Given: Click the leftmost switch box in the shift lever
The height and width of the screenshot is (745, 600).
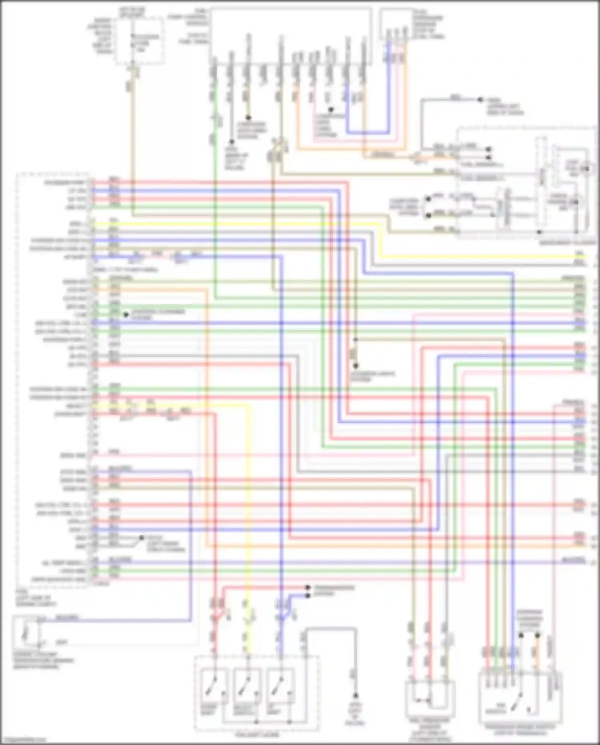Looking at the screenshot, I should click(x=215, y=687).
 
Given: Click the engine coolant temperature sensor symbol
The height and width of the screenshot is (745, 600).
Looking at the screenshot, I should click(x=26, y=633).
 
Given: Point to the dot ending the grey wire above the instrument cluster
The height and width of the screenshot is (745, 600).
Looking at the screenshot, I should click(x=480, y=99).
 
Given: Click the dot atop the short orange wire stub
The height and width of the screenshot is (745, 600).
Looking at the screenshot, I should click(x=248, y=118).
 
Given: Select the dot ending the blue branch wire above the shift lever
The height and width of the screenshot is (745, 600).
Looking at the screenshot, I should click(x=308, y=596).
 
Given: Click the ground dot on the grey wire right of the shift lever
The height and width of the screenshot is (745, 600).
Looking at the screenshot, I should click(x=355, y=696).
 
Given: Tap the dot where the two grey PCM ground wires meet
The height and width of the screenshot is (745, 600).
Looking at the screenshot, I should click(x=141, y=538).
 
